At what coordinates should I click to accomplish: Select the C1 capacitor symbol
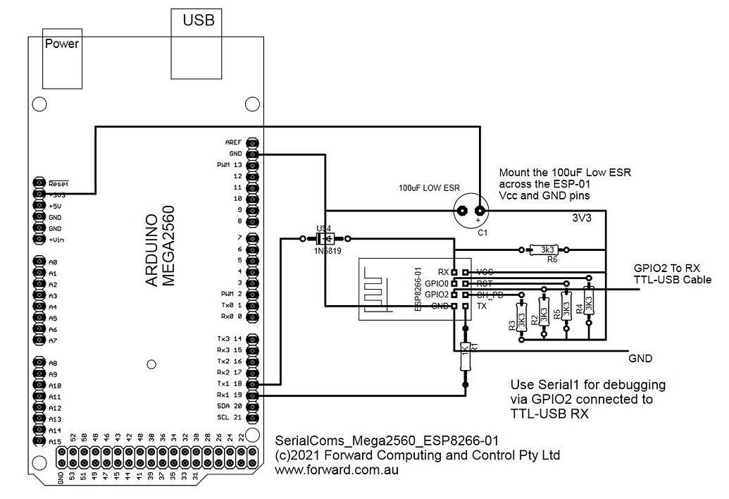pyautogui.click(x=471, y=209)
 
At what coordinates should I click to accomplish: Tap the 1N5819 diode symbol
pyautogui.click(x=325, y=238)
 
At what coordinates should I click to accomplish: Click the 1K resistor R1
pyautogui.click(x=465, y=356)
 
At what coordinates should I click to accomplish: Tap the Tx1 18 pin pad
pyautogui.click(x=253, y=383)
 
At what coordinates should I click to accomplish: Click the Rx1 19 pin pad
pyautogui.click(x=253, y=395)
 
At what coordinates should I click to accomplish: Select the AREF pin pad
pyautogui.click(x=253, y=142)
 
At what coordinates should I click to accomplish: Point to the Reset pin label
pyautogui.click(x=58, y=183)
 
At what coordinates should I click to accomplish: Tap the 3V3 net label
pyautogui.click(x=581, y=218)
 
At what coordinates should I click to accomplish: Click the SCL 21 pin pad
pyautogui.click(x=253, y=417)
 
